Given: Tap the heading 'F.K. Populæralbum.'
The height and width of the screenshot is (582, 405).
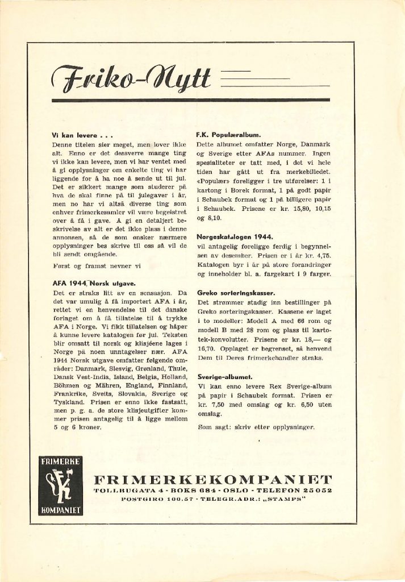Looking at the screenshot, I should [x=228, y=135].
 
